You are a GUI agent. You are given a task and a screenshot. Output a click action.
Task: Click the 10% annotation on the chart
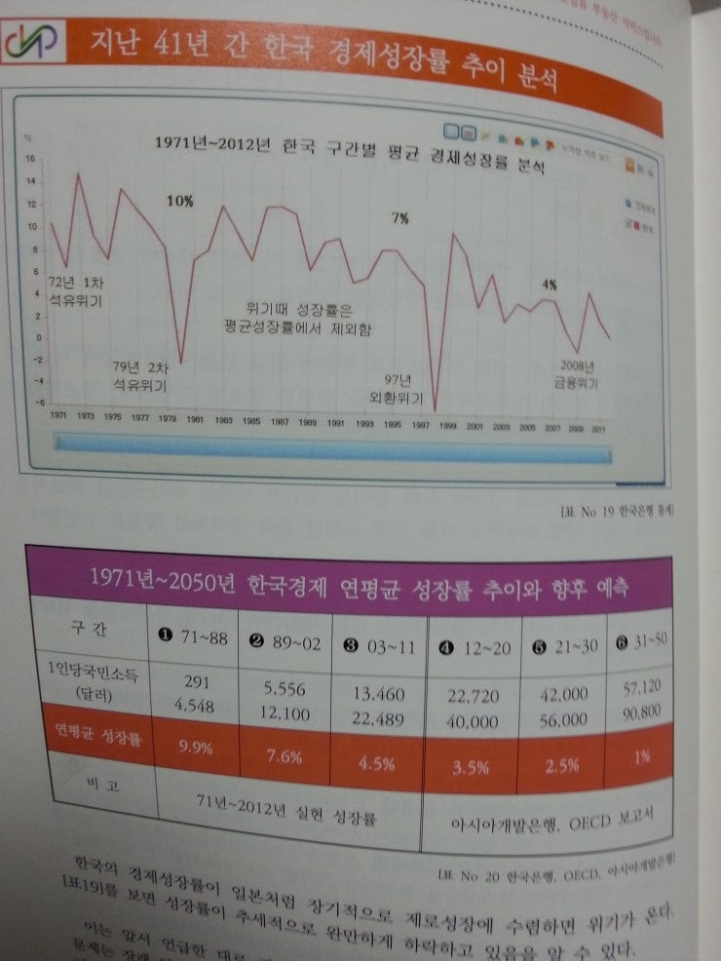click(x=179, y=201)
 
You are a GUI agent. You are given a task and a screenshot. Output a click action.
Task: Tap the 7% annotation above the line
click(x=399, y=218)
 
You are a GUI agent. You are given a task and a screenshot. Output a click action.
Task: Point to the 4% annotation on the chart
click(x=550, y=285)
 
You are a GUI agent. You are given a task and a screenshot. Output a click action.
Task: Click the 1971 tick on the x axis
click(x=58, y=414)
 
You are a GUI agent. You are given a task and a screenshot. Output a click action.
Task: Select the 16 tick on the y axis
click(x=29, y=159)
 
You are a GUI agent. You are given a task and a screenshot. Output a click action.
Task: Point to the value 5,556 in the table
click(x=285, y=688)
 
